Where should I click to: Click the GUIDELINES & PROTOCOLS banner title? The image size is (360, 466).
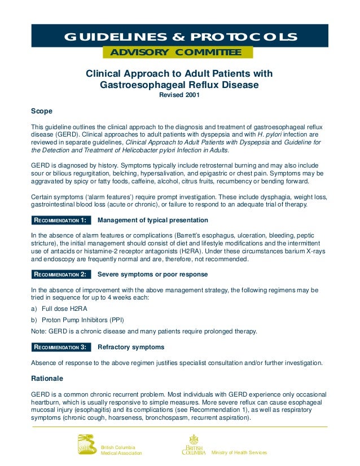180,37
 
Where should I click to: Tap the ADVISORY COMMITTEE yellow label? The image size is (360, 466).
177,53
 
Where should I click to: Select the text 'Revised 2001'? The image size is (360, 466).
179,95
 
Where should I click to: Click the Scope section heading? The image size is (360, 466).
41,111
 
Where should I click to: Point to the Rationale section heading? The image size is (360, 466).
47,377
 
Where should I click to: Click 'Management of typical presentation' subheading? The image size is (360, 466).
153,220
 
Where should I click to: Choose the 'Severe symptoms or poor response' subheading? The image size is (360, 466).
152,275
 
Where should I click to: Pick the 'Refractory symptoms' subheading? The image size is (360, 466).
131,347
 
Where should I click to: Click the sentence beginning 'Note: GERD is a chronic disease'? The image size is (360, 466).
144,331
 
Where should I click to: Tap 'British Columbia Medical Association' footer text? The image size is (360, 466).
121,450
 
